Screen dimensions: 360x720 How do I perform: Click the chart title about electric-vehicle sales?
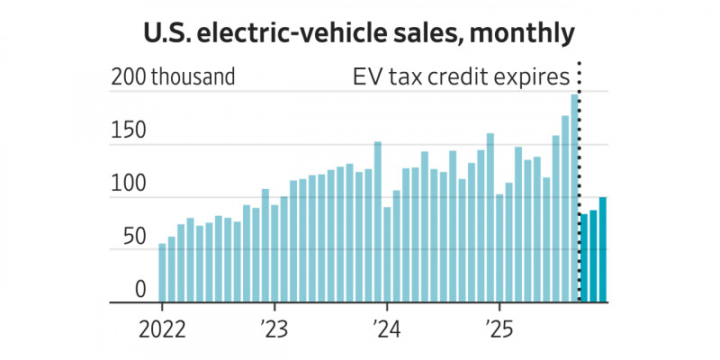pos(359,34)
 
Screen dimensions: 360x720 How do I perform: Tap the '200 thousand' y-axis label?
pos(173,77)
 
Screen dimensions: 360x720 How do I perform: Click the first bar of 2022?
pos(162,274)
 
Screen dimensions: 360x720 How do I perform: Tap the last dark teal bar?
pos(603,250)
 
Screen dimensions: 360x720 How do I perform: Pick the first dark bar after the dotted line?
pos(584,258)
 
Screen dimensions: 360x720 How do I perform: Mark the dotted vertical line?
pos(579,180)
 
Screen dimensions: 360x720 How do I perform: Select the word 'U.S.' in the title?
pos(170,34)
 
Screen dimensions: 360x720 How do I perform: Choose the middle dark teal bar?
pos(593,256)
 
